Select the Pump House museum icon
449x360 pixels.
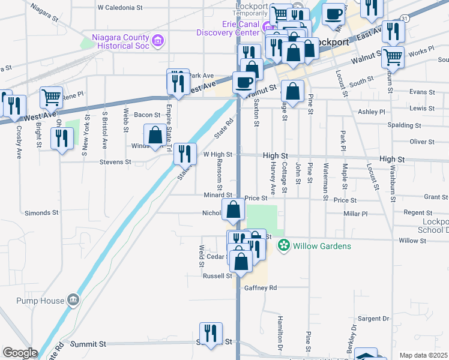(73, 300)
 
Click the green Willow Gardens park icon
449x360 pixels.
(283, 245)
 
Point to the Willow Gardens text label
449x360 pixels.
(322, 246)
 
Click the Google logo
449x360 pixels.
(20, 353)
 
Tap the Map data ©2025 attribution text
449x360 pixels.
(423, 355)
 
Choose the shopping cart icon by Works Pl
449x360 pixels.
(393, 57)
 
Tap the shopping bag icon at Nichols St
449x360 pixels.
(234, 210)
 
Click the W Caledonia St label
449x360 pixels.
(120, 8)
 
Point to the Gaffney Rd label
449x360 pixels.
(260, 288)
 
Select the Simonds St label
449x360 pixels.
(41, 213)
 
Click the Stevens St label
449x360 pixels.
(115, 162)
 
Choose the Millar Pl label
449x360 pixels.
(355, 214)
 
